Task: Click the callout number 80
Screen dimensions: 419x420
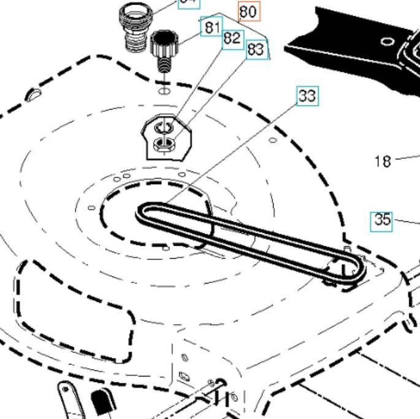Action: point(248,11)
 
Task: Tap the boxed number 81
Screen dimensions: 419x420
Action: point(212,27)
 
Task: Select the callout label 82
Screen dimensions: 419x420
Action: point(232,38)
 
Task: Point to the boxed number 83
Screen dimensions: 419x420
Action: point(256,50)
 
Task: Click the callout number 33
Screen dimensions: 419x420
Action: point(308,96)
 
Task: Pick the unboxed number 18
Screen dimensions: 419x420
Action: point(383,161)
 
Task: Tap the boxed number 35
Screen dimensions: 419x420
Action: point(382,219)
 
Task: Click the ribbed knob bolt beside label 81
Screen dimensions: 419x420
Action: point(164,44)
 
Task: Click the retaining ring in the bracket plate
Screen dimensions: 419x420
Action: point(164,128)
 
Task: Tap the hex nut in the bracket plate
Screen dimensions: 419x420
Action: point(164,145)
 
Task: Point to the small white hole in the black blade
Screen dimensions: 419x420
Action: point(388,42)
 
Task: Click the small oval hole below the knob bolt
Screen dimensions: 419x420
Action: point(164,91)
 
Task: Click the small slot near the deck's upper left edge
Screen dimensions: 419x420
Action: point(34,94)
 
